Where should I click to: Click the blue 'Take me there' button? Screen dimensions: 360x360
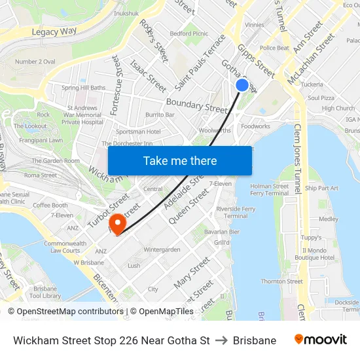[x=179, y=160]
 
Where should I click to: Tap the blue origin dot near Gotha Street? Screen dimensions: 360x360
[x=242, y=85]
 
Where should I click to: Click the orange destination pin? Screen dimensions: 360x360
[x=118, y=223]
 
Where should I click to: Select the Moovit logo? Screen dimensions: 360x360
[x=320, y=340]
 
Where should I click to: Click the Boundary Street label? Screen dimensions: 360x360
[x=196, y=104]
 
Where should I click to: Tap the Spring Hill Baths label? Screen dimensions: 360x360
[x=83, y=88]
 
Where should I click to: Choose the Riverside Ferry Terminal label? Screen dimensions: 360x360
[x=236, y=212]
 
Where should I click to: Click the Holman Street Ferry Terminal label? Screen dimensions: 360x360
[x=269, y=190]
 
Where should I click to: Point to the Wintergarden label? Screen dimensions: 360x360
[x=162, y=249]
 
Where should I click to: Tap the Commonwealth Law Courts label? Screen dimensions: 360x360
[x=65, y=247]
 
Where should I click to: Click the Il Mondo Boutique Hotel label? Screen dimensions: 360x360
[x=314, y=254]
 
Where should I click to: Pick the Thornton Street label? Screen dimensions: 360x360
[x=281, y=281]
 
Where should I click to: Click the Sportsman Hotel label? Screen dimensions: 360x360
[x=138, y=132]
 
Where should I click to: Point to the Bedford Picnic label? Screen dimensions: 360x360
[x=189, y=33]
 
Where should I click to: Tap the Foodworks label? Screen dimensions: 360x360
[x=255, y=126]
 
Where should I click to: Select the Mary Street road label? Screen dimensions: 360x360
[x=192, y=273]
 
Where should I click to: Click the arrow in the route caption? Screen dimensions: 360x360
[x=221, y=340]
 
